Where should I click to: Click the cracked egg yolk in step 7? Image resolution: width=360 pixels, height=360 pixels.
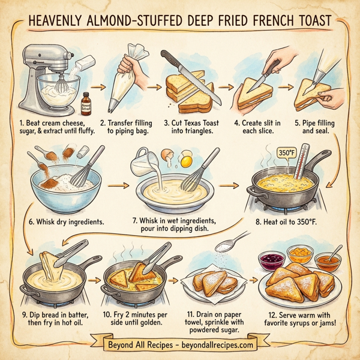(187, 161)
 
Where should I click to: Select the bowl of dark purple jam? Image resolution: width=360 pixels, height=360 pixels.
(267, 259)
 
